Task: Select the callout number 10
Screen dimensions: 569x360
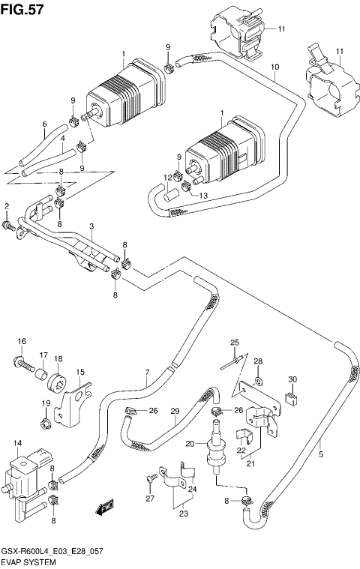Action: [275, 67]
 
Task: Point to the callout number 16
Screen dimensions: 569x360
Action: [22, 342]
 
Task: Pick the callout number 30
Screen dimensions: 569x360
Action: [292, 379]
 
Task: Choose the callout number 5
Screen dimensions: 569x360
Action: [321, 454]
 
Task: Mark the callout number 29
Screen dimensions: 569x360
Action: [175, 412]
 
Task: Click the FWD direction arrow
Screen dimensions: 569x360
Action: [103, 508]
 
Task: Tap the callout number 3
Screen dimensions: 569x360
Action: [91, 226]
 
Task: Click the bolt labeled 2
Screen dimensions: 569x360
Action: [10, 223]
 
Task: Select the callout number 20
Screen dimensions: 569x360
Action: [190, 444]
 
